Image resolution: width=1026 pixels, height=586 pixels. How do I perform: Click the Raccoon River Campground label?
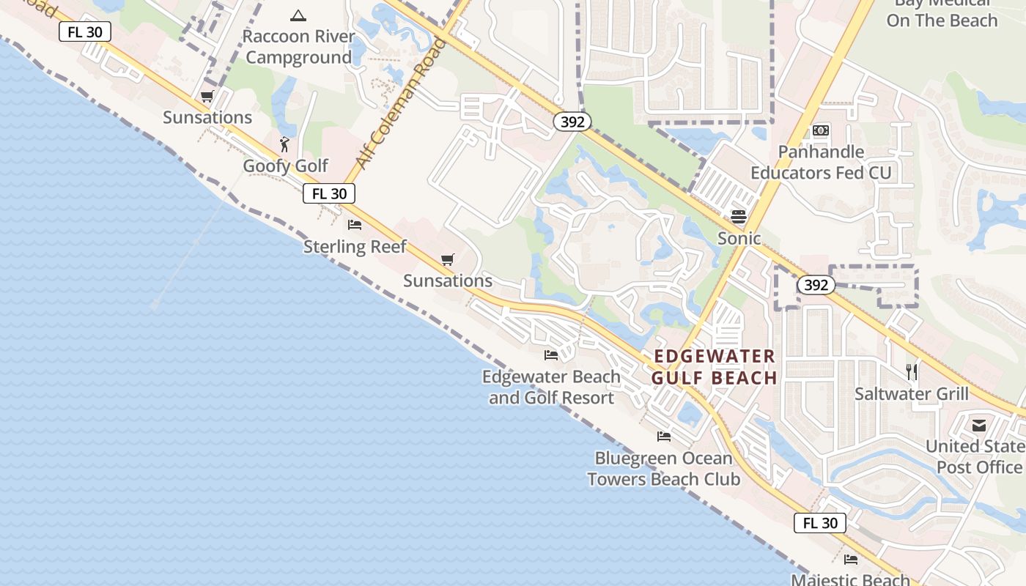298,47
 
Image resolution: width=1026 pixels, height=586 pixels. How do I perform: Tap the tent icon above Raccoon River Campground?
298,15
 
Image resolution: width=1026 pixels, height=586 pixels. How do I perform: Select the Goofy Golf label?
286,166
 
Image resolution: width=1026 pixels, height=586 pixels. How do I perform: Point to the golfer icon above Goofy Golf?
285,144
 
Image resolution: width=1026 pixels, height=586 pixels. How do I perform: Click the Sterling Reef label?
355,246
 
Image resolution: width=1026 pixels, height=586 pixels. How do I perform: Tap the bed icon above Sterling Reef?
355,225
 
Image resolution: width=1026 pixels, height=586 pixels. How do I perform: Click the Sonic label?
739,238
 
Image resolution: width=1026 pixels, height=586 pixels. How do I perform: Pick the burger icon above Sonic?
738,217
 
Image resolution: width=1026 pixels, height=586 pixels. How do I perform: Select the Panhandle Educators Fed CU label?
821,163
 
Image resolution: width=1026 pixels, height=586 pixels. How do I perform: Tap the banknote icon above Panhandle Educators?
821,131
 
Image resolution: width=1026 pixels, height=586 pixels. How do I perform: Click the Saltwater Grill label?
912,394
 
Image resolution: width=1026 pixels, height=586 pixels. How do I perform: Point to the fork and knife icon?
912,372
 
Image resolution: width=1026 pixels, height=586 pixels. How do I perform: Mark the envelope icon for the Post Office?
979,426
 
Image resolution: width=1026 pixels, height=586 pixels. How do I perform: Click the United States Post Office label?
975,456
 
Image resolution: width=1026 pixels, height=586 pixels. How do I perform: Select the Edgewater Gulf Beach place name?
714,367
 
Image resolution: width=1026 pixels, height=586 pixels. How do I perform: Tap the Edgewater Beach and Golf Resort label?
551,387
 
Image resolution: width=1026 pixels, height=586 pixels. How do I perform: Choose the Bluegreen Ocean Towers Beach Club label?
664,469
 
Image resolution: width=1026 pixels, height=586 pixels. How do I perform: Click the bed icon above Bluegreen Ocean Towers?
664,437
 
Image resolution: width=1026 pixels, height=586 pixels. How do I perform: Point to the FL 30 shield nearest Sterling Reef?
329,193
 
